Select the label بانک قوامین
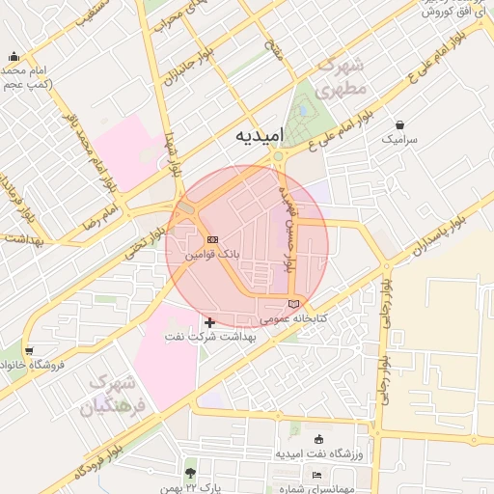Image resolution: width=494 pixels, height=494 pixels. click(x=213, y=255)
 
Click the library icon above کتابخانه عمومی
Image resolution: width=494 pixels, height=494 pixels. click(x=294, y=304)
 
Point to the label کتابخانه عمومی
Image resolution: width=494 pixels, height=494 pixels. click(x=294, y=318)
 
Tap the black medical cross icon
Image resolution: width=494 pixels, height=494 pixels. click(x=210, y=320)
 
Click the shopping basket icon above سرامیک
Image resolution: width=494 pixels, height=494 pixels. click(x=399, y=124)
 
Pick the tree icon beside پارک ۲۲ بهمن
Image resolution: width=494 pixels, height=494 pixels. click(x=190, y=473)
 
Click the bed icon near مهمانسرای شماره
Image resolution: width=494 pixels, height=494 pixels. click(x=316, y=475)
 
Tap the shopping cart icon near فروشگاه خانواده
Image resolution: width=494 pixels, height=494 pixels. click(x=31, y=350)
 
